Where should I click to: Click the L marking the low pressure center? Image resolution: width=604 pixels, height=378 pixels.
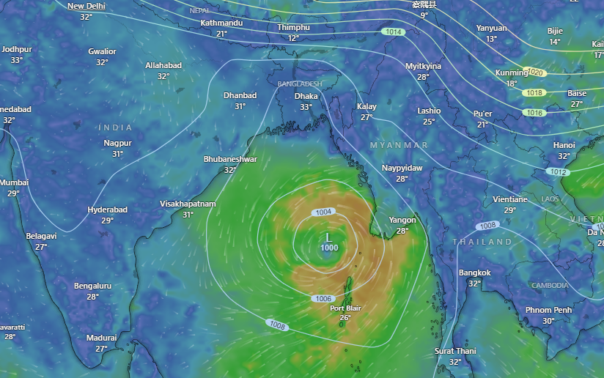pyautogui.click(x=328, y=238)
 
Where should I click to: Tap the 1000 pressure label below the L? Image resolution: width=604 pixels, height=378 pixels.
pyautogui.click(x=329, y=248)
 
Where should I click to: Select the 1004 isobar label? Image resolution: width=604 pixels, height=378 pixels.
pyautogui.click(x=323, y=212)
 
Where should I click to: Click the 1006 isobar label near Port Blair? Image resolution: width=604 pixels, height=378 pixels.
pyautogui.click(x=323, y=299)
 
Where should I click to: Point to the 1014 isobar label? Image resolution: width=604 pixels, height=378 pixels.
pyautogui.click(x=394, y=32)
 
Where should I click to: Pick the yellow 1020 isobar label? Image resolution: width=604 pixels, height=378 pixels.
pyautogui.click(x=535, y=73)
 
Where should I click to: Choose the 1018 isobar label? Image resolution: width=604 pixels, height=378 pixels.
pyautogui.click(x=534, y=93)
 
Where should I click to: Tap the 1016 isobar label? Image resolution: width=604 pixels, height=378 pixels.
pyautogui.click(x=534, y=113)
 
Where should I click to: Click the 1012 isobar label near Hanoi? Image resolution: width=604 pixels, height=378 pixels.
pyautogui.click(x=559, y=172)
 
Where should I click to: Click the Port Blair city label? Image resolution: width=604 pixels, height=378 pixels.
pyautogui.click(x=345, y=308)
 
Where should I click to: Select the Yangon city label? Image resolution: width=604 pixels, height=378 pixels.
pyautogui.click(x=402, y=220)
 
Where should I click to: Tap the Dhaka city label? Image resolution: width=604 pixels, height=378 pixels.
pyautogui.click(x=306, y=96)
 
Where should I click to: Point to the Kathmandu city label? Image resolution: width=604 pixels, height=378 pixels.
pyautogui.click(x=221, y=23)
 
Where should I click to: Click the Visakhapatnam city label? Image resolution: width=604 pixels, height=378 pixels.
pyautogui.click(x=188, y=204)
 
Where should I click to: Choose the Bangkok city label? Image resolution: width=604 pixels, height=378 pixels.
pyautogui.click(x=474, y=273)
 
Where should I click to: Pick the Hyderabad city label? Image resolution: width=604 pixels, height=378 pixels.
pyautogui.click(x=108, y=210)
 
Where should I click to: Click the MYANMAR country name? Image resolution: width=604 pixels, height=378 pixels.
pyautogui.click(x=399, y=146)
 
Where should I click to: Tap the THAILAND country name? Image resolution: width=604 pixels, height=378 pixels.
pyautogui.click(x=482, y=242)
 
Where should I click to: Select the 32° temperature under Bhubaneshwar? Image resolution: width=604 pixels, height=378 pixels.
pyautogui.click(x=230, y=170)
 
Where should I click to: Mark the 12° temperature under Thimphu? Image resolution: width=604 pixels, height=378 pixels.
pyautogui.click(x=293, y=38)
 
